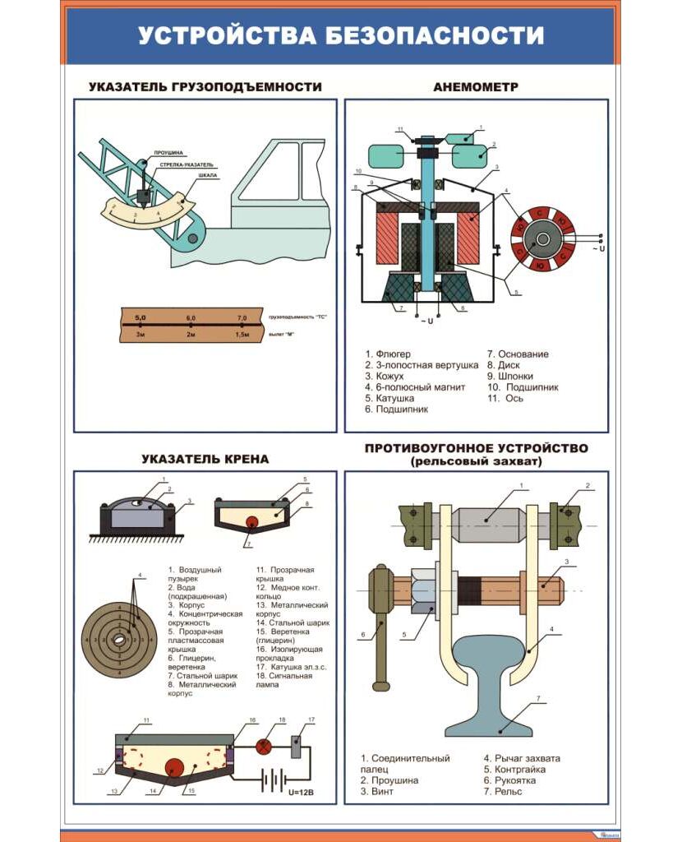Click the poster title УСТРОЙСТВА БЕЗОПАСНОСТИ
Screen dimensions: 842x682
(340, 36)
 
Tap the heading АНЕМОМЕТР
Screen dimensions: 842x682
(476, 86)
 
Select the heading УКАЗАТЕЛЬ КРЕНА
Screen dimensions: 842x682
(205, 459)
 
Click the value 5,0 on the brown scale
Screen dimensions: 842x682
(141, 317)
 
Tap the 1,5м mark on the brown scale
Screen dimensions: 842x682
(242, 335)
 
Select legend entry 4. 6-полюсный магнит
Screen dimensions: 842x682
(415, 387)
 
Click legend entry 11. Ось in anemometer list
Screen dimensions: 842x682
(505, 399)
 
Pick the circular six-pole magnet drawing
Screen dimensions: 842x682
(542, 239)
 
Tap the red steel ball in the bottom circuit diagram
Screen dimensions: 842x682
(173, 768)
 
